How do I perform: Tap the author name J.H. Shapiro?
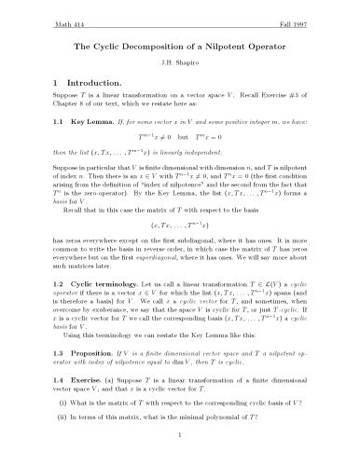(x=180, y=63)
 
